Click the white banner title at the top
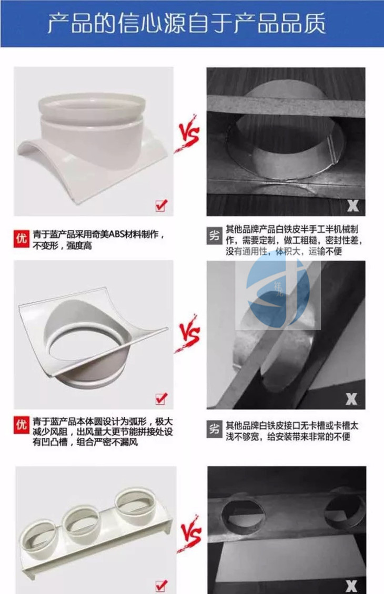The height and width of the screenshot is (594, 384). (186, 24)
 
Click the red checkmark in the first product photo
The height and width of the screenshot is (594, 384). (161, 205)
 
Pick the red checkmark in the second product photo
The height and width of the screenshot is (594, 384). (161, 398)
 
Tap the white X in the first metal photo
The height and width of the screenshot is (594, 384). (353, 206)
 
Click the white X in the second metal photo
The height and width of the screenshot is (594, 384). (351, 398)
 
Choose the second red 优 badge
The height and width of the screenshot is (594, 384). (21, 425)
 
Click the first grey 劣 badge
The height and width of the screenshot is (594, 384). (214, 236)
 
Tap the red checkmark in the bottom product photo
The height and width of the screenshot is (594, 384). (161, 585)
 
